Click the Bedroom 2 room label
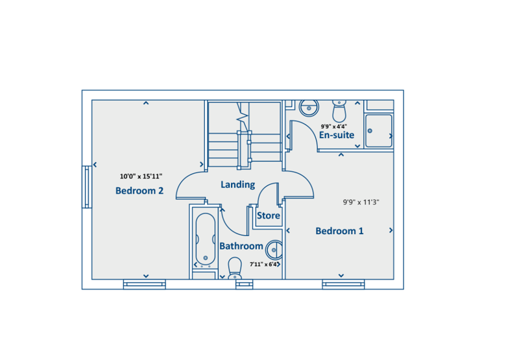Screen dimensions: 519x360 pyautogui.click(x=139, y=191)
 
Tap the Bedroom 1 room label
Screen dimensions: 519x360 pyautogui.click(x=339, y=231)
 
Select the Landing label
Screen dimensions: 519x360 pyautogui.click(x=237, y=185)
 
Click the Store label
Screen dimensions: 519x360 pyautogui.click(x=269, y=216)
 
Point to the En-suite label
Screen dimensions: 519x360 pyautogui.click(x=337, y=135)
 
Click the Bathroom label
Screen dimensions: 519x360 pyautogui.click(x=241, y=246)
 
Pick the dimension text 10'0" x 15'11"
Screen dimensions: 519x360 pyautogui.click(x=141, y=176)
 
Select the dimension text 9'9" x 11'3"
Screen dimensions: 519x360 pyautogui.click(x=361, y=202)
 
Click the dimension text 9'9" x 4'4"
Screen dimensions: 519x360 pyautogui.click(x=333, y=126)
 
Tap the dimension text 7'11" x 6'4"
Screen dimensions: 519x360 pyautogui.click(x=264, y=265)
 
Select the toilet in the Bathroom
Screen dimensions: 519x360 pyautogui.click(x=235, y=268)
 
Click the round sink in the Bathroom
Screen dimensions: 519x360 pyautogui.click(x=274, y=250)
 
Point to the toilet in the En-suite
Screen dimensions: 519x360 pyautogui.click(x=339, y=111)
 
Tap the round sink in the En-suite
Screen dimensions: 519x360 pyautogui.click(x=309, y=108)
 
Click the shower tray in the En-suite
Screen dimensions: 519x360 pyautogui.click(x=378, y=131)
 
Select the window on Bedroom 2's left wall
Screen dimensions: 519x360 pyautogui.click(x=87, y=187)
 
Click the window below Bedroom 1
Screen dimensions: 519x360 pyautogui.click(x=343, y=284)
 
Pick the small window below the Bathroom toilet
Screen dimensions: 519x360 pyautogui.click(x=245, y=284)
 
